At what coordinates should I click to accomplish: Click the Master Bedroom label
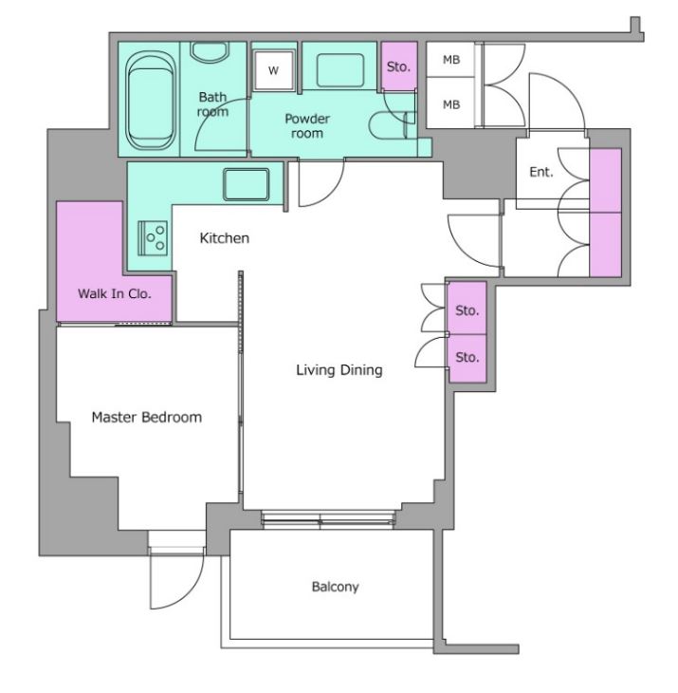coord(147,417)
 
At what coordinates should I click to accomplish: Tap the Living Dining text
coord(339,370)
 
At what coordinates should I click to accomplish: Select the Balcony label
coord(335,587)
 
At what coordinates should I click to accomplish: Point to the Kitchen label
coord(224,238)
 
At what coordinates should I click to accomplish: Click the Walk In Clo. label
coord(115,293)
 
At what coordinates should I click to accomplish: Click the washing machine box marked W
coord(274,70)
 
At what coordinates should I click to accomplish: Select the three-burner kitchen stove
coord(153,238)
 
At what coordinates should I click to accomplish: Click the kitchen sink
coord(246,184)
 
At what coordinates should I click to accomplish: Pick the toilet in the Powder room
coord(392,125)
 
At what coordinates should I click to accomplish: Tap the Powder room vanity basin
coord(339,70)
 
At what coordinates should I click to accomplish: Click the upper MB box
coord(450,60)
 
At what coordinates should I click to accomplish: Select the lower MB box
coord(450,103)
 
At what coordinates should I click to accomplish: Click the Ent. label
coord(541,172)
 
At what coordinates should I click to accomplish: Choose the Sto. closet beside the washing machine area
coord(399,66)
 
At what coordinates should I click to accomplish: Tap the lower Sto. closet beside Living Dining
coord(467,358)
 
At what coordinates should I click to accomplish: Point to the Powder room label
coord(307,125)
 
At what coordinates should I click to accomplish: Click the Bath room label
coord(212,104)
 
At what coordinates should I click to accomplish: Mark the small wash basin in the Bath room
coord(210,51)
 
